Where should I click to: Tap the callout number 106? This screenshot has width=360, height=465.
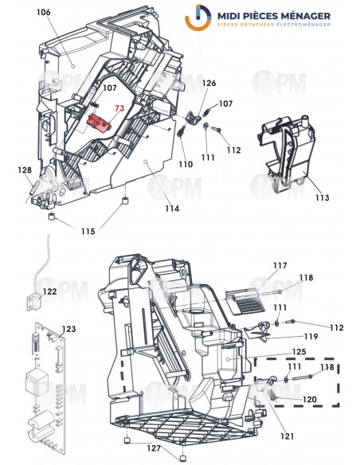tap(43, 13)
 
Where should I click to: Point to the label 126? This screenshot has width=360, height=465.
tap(209, 83)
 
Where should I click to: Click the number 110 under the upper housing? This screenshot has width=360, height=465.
tap(185, 164)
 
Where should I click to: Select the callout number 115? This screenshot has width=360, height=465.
tap(88, 232)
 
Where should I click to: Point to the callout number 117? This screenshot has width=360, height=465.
tap(257, 266)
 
